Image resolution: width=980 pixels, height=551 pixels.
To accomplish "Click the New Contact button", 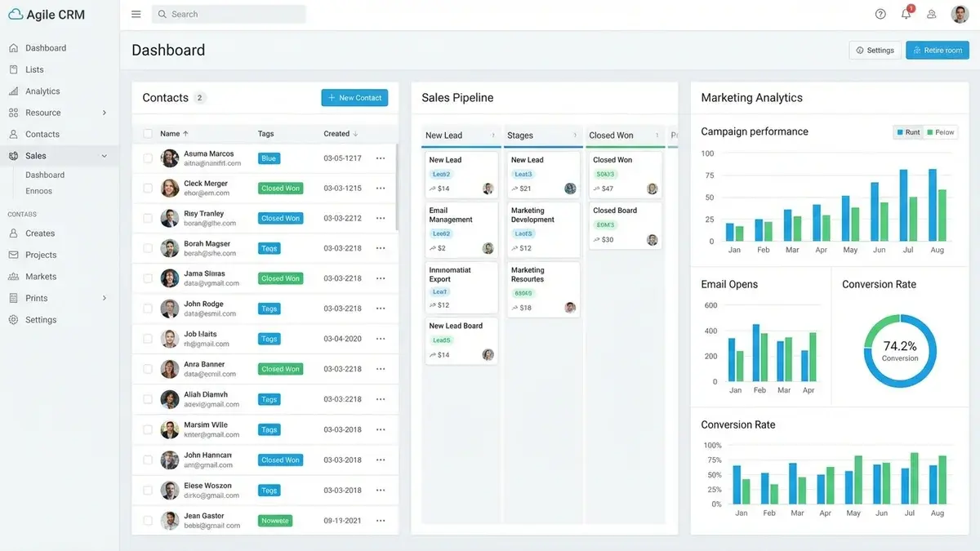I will pyautogui.click(x=354, y=98).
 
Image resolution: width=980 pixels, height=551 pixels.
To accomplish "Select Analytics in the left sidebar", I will pyautogui.click(x=42, y=91).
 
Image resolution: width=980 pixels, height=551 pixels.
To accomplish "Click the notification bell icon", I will pyautogui.click(x=906, y=14).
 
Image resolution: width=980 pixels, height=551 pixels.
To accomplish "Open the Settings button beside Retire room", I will pyautogui.click(x=875, y=51).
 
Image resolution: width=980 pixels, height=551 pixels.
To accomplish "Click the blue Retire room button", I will pyautogui.click(x=937, y=51).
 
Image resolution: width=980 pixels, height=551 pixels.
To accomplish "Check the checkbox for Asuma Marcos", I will pyautogui.click(x=148, y=158).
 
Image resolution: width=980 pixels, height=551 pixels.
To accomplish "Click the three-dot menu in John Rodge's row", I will pyautogui.click(x=381, y=309).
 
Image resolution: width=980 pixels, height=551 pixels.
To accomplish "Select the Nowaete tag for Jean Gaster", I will pyautogui.click(x=275, y=521).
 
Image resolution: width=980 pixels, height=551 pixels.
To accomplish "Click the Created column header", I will pyautogui.click(x=336, y=134).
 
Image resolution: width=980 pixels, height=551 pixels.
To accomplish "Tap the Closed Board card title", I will pyautogui.click(x=615, y=211).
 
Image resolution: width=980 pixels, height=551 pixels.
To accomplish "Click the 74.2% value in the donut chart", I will pyautogui.click(x=900, y=346).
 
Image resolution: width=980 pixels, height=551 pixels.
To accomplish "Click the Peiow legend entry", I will pyautogui.click(x=941, y=132).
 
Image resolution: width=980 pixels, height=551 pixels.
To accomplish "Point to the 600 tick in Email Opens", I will pyautogui.click(x=710, y=305).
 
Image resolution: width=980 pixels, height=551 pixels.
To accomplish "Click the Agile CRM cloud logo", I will pyautogui.click(x=16, y=15).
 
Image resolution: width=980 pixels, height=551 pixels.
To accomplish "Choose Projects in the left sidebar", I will pyautogui.click(x=41, y=255).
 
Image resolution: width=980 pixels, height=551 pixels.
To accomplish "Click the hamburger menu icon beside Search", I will pyautogui.click(x=136, y=14).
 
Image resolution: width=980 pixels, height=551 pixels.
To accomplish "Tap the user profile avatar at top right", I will pyautogui.click(x=960, y=14).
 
